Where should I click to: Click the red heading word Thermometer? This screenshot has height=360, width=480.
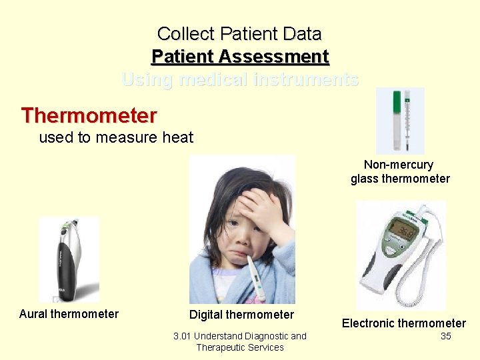click(89, 115)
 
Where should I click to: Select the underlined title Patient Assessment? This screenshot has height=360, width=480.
click(240, 57)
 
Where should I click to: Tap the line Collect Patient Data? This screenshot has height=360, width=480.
click(240, 33)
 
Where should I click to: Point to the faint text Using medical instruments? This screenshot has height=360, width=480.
click(240, 80)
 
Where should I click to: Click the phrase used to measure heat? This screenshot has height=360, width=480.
click(116, 138)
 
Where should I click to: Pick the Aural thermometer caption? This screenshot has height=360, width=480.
click(69, 314)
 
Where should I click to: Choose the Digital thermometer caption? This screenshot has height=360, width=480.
click(241, 315)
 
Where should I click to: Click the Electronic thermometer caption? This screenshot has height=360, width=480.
click(404, 323)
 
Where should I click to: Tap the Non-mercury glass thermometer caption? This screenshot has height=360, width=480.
click(400, 171)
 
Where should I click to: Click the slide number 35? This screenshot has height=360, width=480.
click(446, 336)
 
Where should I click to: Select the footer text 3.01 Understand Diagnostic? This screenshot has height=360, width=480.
click(240, 336)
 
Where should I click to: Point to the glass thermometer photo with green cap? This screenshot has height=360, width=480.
click(400, 121)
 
